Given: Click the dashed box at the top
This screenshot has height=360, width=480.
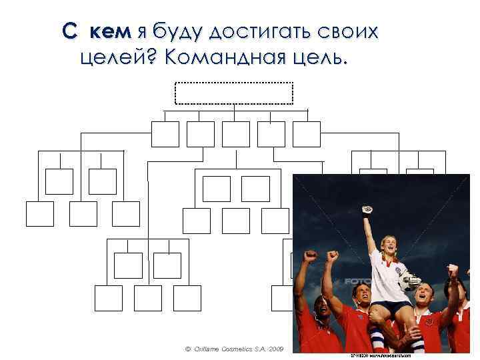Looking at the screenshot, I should coord(234,93).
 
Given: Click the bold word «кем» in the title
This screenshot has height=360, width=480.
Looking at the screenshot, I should coord(111,31).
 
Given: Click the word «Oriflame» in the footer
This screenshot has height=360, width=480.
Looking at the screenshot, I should coord(210,349).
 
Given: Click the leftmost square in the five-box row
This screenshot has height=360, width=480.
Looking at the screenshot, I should coord(165,134).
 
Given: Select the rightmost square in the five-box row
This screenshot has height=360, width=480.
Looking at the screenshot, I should coord(306,134).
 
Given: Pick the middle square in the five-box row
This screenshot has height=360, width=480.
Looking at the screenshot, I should coord(235,134).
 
